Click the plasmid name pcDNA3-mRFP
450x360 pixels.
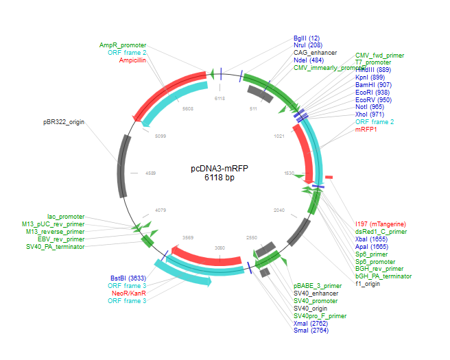point(220,169)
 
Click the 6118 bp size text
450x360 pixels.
point(220,178)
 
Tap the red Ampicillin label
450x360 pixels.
point(132,60)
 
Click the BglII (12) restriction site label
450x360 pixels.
point(307,38)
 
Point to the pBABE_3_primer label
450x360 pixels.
point(318,285)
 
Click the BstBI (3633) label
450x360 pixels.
point(128,278)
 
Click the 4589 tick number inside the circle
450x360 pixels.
point(151,173)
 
